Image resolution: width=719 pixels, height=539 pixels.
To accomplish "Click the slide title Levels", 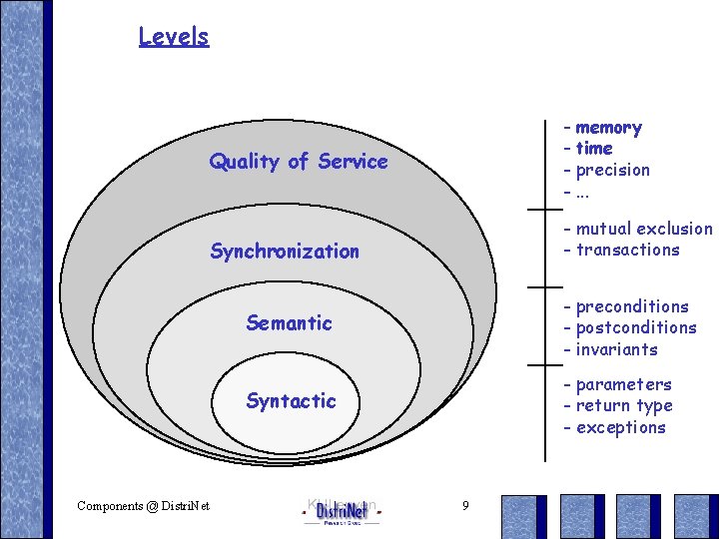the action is coord(174,37).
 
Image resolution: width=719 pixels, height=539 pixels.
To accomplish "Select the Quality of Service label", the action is coord(298,162).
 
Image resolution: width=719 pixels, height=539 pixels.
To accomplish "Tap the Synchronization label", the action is coord(285,252).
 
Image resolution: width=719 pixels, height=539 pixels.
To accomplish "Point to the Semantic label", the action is coord(289,323).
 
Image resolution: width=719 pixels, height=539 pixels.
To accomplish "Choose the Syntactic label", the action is coord(291,401).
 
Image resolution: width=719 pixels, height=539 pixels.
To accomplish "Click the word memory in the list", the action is coord(608,128).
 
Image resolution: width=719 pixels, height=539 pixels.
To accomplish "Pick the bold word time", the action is coord(594,149).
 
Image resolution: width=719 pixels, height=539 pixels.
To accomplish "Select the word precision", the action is coord(612,170).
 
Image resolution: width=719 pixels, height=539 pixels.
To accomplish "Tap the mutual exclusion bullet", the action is coord(644,230).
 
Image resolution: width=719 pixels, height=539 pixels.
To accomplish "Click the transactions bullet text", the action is coord(627,251).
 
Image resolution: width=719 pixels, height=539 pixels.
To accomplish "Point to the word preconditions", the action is coord(632,306).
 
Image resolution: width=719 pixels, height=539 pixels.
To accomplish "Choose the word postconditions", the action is coord(636,327).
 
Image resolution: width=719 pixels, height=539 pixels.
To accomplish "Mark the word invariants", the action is coord(616,349).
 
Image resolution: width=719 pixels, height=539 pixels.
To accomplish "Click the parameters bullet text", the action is coord(623,384).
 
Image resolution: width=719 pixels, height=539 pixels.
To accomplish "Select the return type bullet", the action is coord(624,405).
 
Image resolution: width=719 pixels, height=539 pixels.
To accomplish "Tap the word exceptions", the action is coord(620,427).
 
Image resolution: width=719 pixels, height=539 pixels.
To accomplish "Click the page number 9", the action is coord(465,506).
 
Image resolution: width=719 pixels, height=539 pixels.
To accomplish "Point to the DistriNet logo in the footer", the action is coord(342,511).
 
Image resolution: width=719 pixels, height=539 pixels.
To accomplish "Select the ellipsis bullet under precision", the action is coord(582,191).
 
